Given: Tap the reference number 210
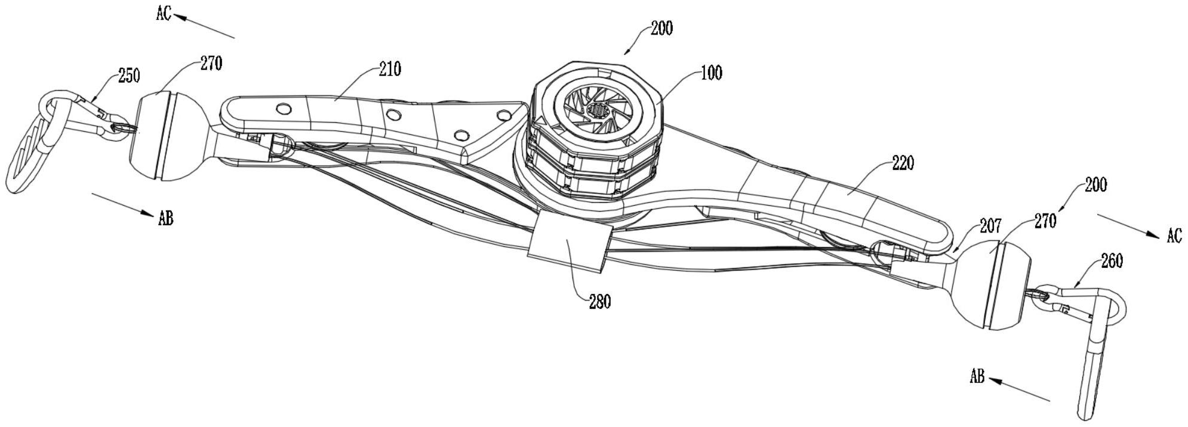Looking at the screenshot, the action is tap(389, 69).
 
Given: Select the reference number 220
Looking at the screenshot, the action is tap(902, 163).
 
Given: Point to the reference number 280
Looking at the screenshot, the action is tap(599, 302).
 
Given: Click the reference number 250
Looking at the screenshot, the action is tap(129, 76).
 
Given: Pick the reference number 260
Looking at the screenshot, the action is tap(1111, 261).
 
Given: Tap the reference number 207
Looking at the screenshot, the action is tap(990, 226).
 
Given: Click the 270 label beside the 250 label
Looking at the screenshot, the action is tap(211, 63).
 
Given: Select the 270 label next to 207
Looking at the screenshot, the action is tap(1044, 221).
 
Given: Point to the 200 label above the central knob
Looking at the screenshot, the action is tap(661, 28).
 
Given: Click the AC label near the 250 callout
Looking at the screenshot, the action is tap(164, 14).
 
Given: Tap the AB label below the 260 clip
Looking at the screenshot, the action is tap(977, 377).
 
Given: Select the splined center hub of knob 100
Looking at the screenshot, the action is tap(598, 110).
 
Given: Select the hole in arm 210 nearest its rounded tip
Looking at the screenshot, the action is tap(284, 108).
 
